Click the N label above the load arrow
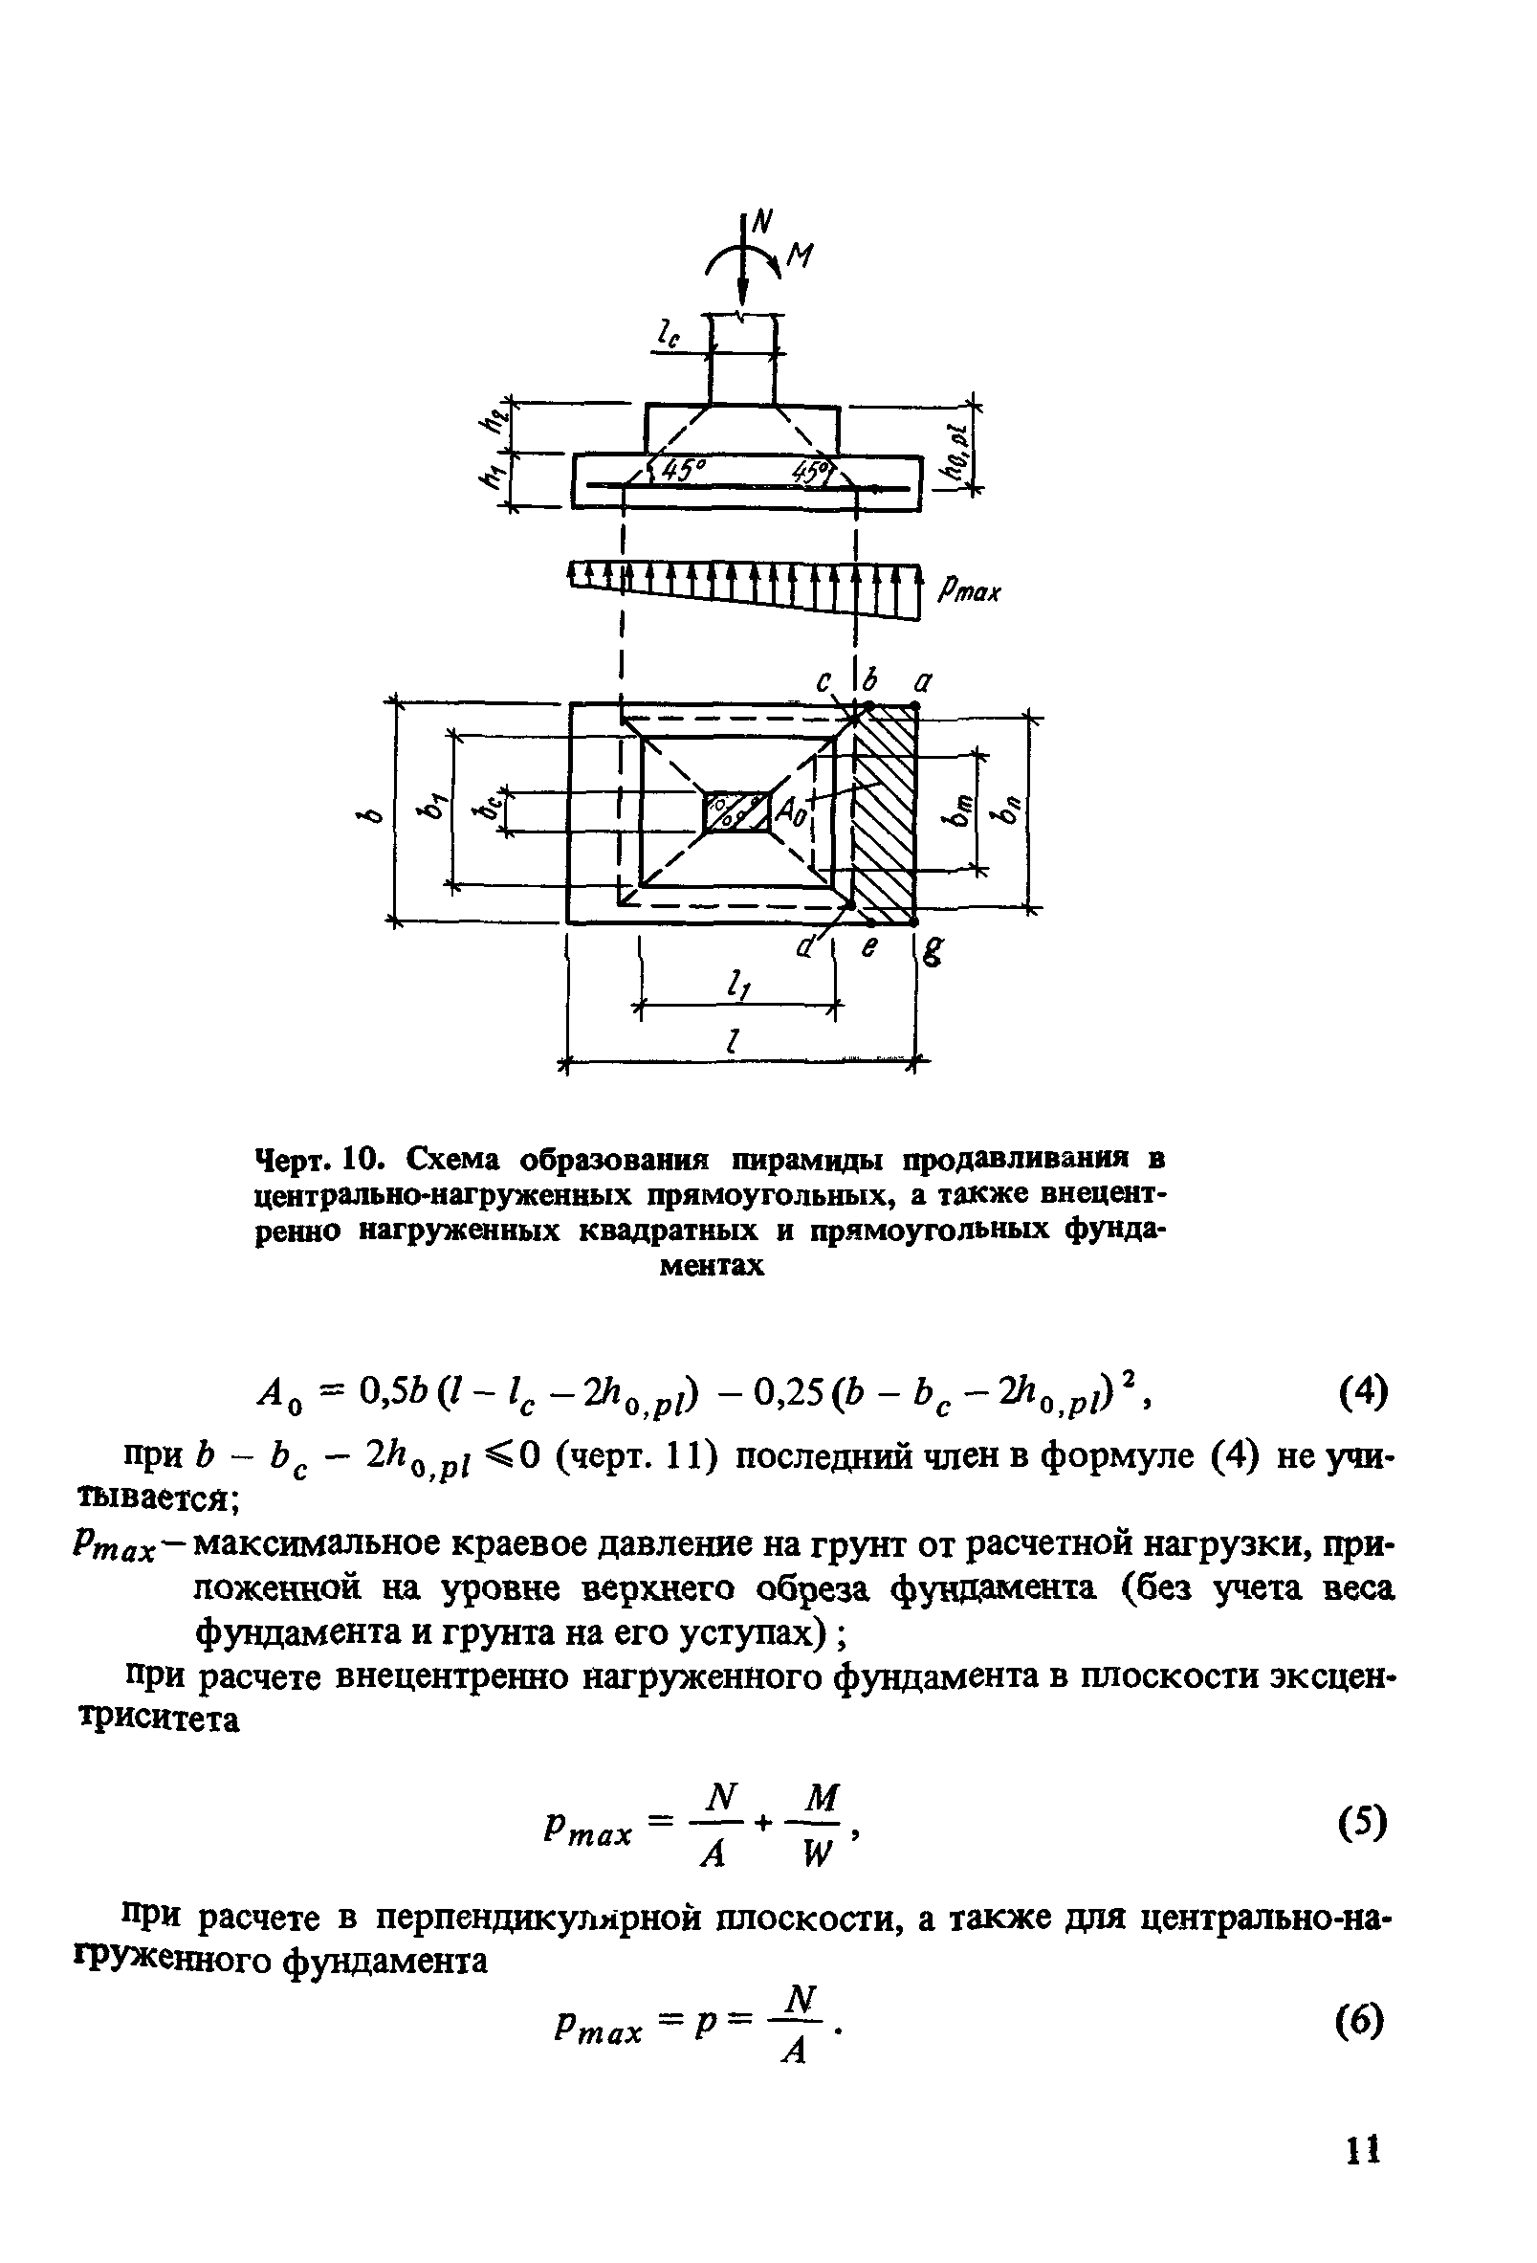[x=761, y=223]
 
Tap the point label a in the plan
[x=921, y=682]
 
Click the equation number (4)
[x=1358, y=1392]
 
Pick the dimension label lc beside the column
[x=668, y=337]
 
